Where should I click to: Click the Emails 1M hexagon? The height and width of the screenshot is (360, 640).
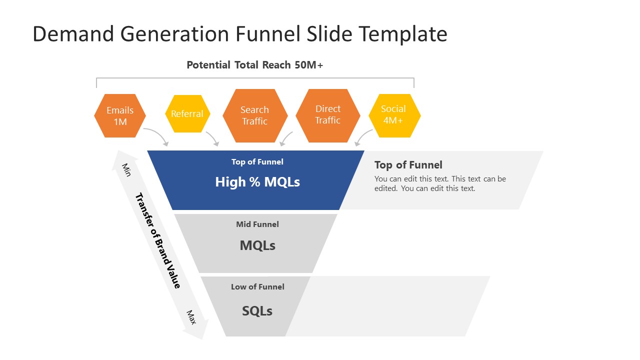click(x=120, y=115)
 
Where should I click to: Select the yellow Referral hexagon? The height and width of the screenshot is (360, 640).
click(x=187, y=114)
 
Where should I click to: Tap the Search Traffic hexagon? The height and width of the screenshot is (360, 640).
click(x=254, y=115)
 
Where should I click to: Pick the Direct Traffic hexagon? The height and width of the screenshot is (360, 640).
click(x=327, y=115)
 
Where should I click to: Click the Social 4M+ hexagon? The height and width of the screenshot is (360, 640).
click(x=393, y=115)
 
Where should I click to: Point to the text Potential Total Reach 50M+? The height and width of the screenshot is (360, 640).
click(x=254, y=65)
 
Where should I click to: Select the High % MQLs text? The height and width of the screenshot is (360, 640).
click(x=257, y=182)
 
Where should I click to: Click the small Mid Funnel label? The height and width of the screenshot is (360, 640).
click(x=257, y=224)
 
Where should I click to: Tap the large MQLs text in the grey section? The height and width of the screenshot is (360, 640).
click(x=257, y=245)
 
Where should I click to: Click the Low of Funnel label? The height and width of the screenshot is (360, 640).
click(x=257, y=287)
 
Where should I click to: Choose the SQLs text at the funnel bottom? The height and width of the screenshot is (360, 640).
click(x=257, y=311)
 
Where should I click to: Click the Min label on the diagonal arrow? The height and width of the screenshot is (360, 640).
click(x=126, y=169)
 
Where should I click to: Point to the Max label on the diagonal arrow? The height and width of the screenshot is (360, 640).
click(x=191, y=317)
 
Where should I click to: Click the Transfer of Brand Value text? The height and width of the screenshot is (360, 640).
click(x=158, y=240)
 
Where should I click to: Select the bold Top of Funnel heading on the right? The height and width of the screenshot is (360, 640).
click(x=408, y=165)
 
